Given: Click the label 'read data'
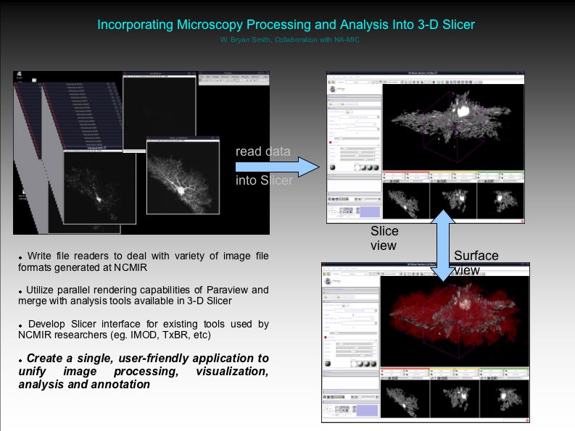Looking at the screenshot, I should (x=262, y=151).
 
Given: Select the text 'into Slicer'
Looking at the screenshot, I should (x=264, y=180).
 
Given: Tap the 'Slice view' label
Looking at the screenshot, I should (x=384, y=238).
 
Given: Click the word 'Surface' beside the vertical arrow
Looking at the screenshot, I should (x=476, y=256).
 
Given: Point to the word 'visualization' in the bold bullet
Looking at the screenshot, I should (x=232, y=372).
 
